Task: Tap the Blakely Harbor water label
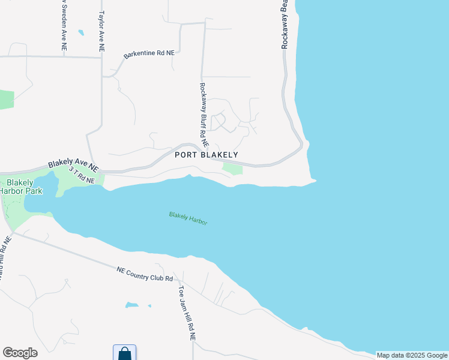click(188, 218)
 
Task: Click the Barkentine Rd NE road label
click(149, 55)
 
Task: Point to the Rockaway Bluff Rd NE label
click(203, 115)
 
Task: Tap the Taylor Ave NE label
click(102, 30)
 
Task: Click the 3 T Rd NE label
click(82, 176)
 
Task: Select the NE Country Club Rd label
click(145, 274)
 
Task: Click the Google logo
click(20, 353)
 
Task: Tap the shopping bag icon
click(124, 353)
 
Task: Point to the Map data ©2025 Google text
click(412, 355)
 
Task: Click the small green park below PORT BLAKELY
click(233, 169)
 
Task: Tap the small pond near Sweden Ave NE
click(80, 32)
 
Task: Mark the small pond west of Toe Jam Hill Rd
click(131, 305)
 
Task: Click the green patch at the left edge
click(6, 100)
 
